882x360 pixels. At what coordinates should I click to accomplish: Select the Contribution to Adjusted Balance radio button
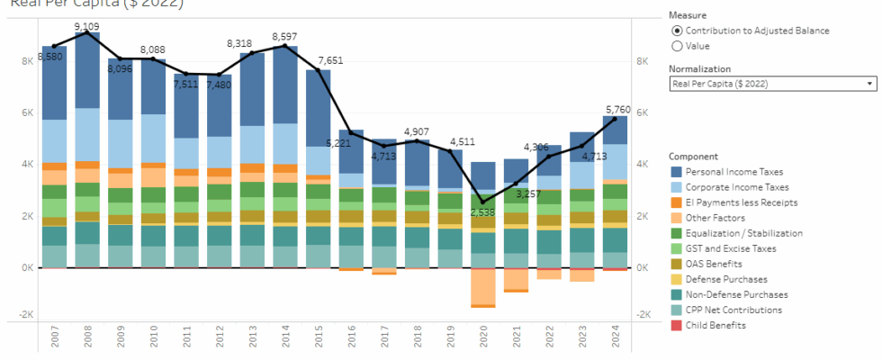(x=677, y=31)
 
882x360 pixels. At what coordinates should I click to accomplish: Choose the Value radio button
(x=677, y=46)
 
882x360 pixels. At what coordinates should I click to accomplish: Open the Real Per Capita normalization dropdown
(x=772, y=84)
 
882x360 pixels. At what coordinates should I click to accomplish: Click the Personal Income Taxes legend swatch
(x=677, y=171)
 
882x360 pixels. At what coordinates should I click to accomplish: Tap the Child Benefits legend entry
(x=715, y=326)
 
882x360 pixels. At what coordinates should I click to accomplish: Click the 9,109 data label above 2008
(x=87, y=26)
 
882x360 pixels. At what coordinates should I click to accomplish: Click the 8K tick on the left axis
(x=26, y=61)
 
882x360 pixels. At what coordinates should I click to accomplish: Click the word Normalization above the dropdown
(x=699, y=68)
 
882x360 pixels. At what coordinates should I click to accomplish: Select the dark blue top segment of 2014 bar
(x=284, y=85)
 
